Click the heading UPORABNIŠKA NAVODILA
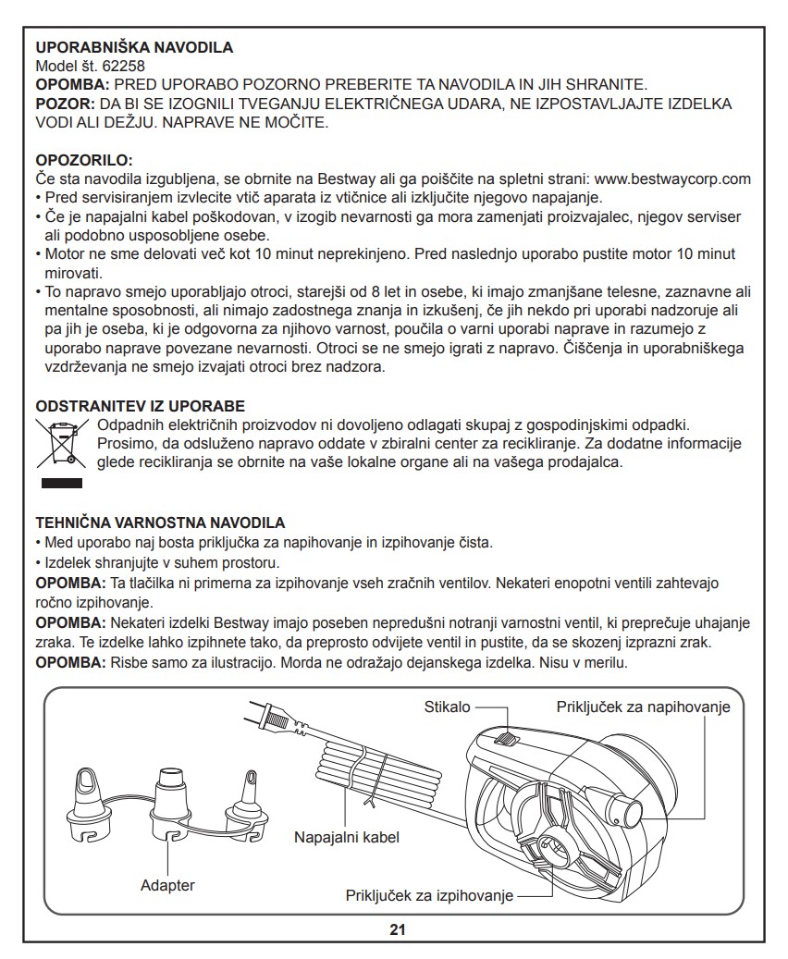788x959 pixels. click(x=134, y=47)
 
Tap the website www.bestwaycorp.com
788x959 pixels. click(x=671, y=178)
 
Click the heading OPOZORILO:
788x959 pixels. click(x=84, y=160)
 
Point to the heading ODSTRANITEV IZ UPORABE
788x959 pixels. click(x=140, y=406)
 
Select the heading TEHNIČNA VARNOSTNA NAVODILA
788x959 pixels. click(x=160, y=523)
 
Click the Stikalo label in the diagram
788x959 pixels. click(x=447, y=707)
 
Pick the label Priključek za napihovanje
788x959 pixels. click(x=644, y=707)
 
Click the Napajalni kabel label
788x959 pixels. click(x=347, y=838)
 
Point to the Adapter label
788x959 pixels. click(x=167, y=885)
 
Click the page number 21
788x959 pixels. click(x=398, y=929)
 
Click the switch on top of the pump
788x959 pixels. click(x=505, y=739)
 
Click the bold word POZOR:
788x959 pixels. click(x=60, y=104)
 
